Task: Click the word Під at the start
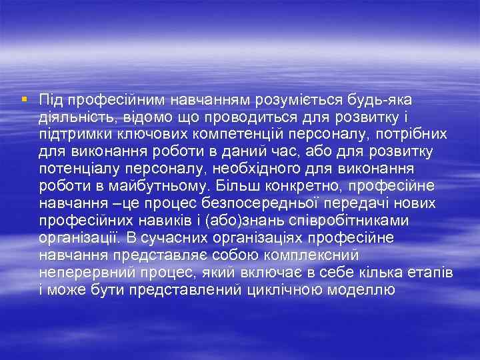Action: (x=50, y=100)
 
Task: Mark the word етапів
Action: (x=426, y=272)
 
